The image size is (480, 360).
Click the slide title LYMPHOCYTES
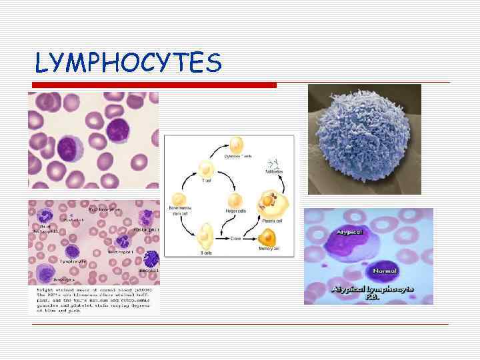point(128,63)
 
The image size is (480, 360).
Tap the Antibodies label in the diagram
point(274,172)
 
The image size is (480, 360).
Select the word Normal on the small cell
point(385,271)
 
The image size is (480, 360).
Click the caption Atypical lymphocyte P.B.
point(373,293)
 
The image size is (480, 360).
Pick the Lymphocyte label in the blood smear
point(74,261)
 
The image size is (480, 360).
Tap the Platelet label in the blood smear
point(73,218)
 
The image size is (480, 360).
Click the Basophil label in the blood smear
point(147,271)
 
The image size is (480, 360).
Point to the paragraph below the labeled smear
point(93,300)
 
